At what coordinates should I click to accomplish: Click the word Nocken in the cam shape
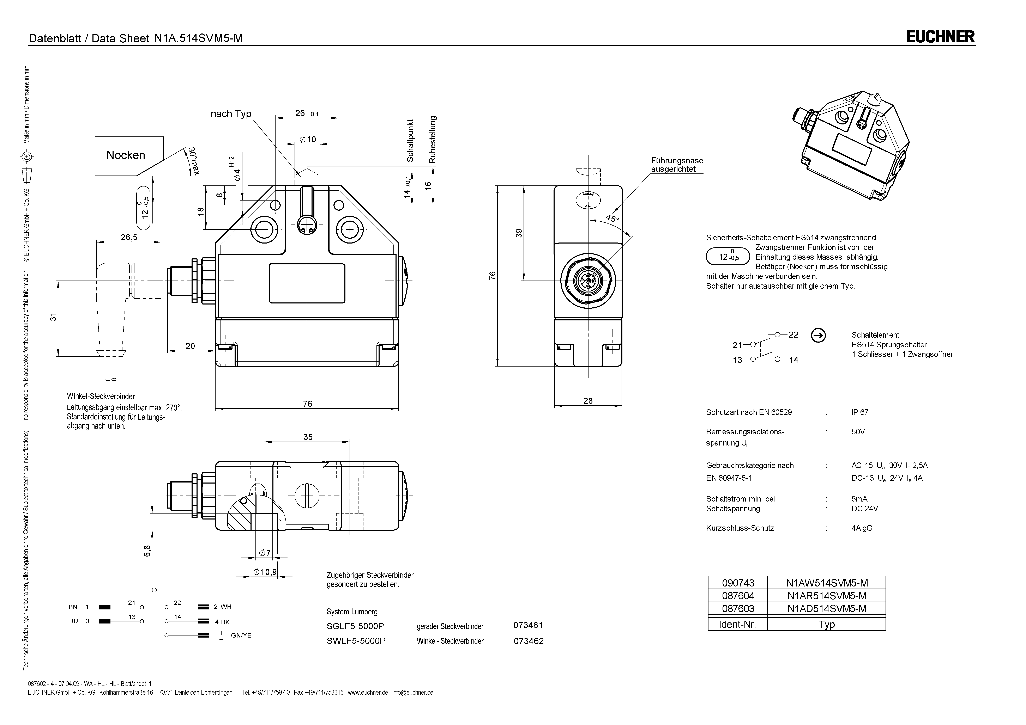(x=126, y=155)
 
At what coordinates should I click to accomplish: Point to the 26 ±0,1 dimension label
(x=307, y=113)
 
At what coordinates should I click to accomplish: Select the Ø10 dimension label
(x=307, y=139)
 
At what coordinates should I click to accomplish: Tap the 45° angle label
(x=612, y=219)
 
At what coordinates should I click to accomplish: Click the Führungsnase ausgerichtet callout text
(x=677, y=165)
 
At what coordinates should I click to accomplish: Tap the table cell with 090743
(x=738, y=583)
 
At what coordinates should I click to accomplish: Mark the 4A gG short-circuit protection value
(x=862, y=528)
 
